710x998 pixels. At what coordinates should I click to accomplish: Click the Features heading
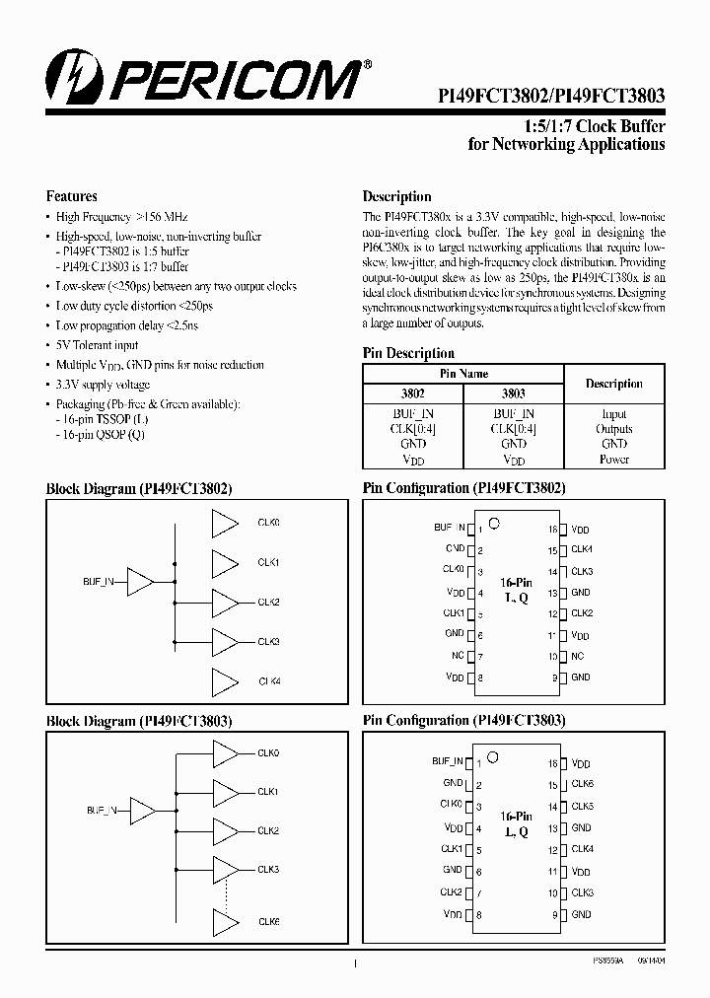click(71, 196)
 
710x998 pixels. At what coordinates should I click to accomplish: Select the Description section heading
click(396, 196)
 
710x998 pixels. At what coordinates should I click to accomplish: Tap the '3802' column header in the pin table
click(412, 392)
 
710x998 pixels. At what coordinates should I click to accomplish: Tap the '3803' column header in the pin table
click(514, 392)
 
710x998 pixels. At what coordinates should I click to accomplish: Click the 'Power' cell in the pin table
click(614, 460)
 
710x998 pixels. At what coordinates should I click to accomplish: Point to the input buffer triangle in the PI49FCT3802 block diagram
click(141, 583)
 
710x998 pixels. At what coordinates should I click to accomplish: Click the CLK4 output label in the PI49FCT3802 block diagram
click(269, 681)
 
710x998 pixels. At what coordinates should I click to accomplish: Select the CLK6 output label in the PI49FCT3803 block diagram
click(269, 921)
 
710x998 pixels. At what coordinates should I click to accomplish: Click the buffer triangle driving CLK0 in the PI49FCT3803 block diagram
click(226, 753)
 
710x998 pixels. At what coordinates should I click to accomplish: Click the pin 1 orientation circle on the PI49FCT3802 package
click(495, 522)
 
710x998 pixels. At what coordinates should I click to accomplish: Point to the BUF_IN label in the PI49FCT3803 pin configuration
click(447, 761)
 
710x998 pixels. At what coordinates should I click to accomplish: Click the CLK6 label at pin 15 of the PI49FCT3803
click(582, 785)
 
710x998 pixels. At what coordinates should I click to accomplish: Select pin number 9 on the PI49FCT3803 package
click(554, 915)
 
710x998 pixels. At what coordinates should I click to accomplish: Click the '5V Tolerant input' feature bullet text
click(98, 346)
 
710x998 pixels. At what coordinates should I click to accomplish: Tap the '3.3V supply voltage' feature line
click(104, 385)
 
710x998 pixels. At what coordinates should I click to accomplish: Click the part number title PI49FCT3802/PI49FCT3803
click(551, 97)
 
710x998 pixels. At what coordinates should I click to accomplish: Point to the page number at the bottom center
click(354, 966)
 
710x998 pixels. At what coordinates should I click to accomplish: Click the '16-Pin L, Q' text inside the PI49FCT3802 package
click(515, 591)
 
